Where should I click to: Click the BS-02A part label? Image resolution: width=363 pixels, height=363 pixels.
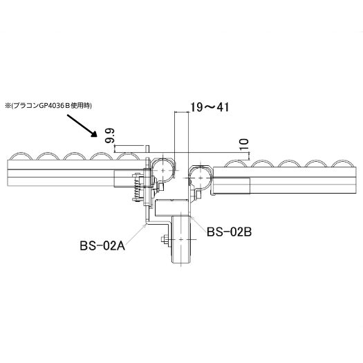pos(102,245)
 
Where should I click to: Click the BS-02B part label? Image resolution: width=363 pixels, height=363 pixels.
pos(229,232)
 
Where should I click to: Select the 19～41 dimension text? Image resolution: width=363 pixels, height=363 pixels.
pos(210,107)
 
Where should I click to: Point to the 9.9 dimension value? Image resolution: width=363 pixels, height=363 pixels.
pos(109,136)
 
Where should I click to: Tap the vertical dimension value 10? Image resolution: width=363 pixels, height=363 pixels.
pos(244,144)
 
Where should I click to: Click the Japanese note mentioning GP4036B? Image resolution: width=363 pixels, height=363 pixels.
pos(48,106)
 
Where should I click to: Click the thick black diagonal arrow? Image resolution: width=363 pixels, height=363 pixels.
pos(82,126)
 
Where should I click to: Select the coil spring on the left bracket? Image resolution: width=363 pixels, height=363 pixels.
pos(137,187)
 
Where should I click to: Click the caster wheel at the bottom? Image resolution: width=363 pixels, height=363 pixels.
pos(181,239)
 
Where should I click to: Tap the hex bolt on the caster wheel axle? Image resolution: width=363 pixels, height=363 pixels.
pos(165,239)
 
